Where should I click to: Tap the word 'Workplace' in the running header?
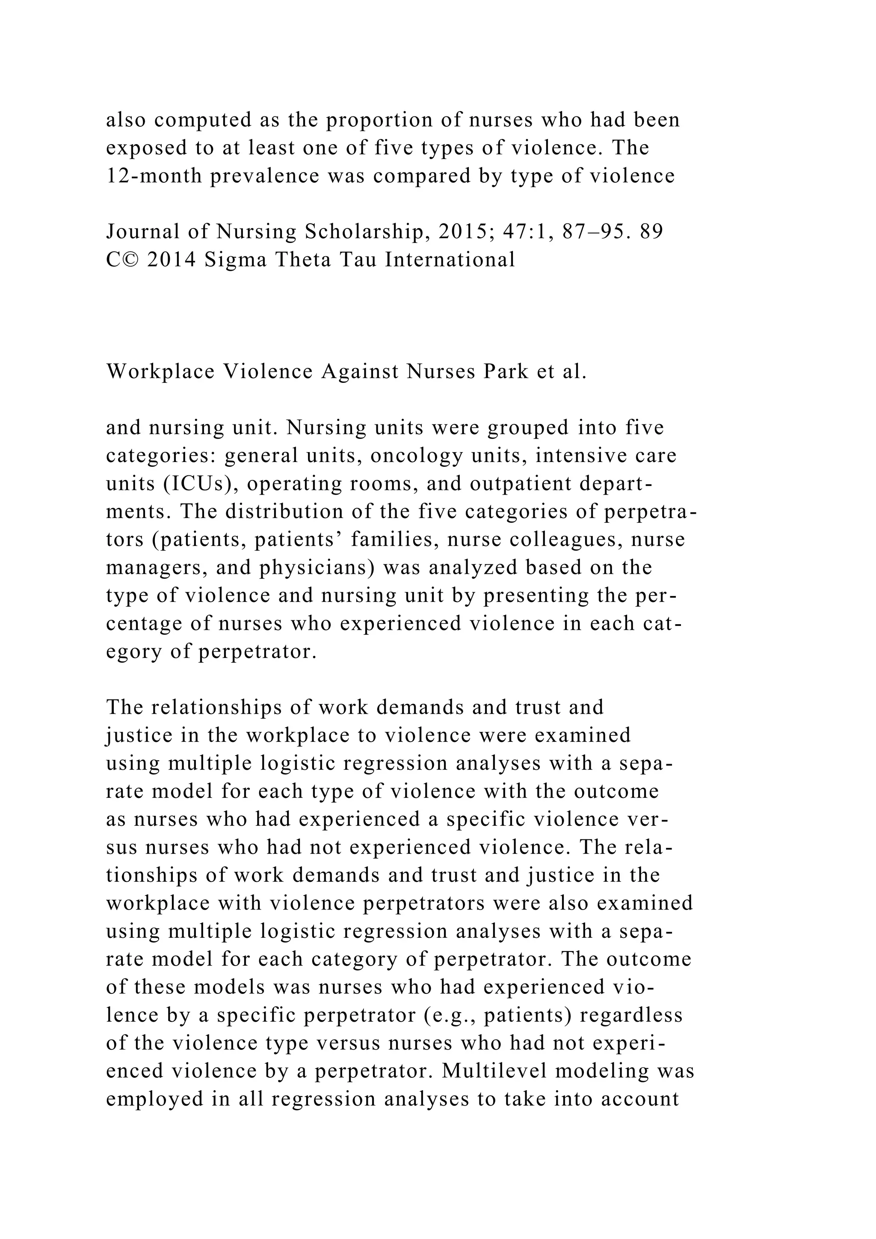(160, 372)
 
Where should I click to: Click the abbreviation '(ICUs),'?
(200, 484)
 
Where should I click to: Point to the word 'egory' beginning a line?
(133, 652)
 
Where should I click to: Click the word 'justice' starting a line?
(132, 735)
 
